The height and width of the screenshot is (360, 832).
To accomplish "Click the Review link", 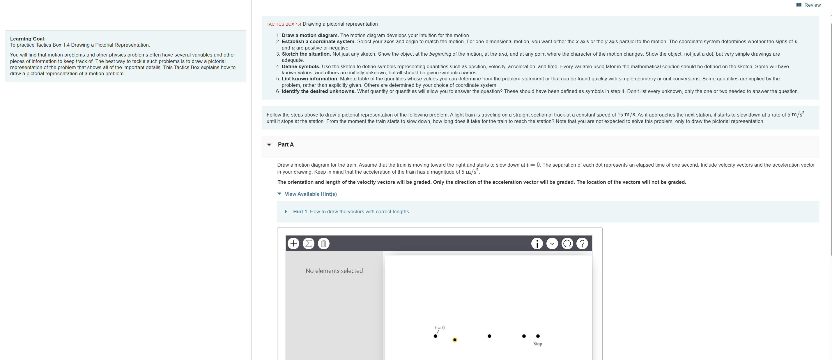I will (812, 5).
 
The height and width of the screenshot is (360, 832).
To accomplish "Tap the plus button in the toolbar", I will (293, 243).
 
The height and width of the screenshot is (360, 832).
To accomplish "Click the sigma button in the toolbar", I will (309, 243).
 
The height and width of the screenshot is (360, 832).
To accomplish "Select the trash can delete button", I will (324, 243).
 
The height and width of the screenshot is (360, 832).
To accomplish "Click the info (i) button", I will (537, 243).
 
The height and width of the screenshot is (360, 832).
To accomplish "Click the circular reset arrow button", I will (567, 243).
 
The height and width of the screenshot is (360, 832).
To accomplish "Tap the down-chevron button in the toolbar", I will (552, 243).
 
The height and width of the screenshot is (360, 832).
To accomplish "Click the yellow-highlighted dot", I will (455, 340).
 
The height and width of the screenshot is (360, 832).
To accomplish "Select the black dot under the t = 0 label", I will (436, 336).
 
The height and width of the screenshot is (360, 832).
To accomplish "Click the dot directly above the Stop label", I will (538, 336).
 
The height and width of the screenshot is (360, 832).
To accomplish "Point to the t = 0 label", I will (440, 328).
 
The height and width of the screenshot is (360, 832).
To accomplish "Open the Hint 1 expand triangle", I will (286, 212).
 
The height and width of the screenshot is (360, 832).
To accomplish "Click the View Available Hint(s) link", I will (310, 194).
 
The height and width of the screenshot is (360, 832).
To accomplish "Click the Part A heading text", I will (286, 144).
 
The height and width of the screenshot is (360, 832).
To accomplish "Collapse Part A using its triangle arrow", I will (269, 145).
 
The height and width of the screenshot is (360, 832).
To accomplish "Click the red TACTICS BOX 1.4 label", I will (284, 24).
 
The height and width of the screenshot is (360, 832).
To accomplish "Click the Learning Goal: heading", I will (28, 39).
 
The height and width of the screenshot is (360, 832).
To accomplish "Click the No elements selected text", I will (334, 271).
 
